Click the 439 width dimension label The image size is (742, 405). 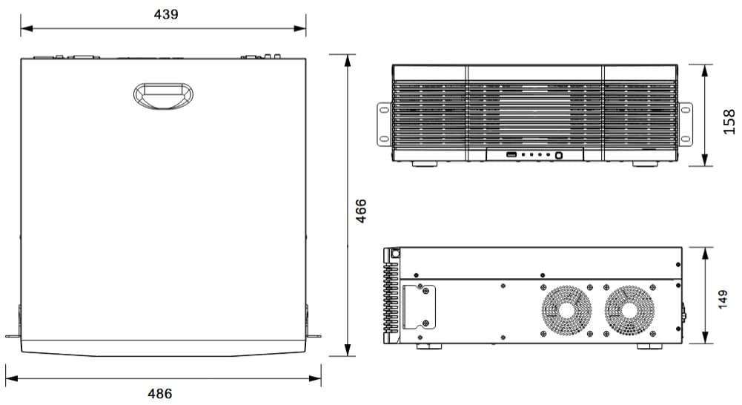pos(166,14)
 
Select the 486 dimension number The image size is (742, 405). pos(160,394)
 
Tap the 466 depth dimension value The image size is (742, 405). pos(360,211)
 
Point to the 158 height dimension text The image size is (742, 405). pos(729,122)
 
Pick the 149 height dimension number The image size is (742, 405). pos(723,300)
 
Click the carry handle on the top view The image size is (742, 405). pos(163,96)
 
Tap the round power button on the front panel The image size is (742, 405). pos(558,155)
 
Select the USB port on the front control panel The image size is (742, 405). pos(511,154)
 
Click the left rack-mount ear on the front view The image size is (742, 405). pos(384,124)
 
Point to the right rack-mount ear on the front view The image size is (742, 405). pos(685,124)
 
